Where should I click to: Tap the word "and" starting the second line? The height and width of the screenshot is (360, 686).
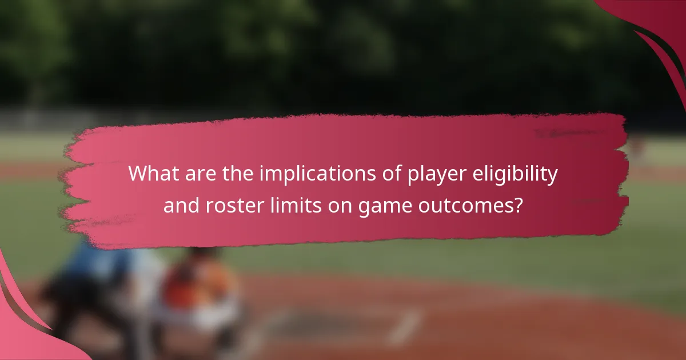coord(181,204)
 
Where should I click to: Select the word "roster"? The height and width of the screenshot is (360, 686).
coord(234,204)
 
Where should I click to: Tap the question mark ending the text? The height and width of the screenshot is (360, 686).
coord(517,204)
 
